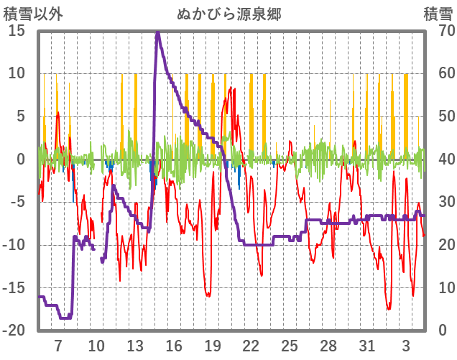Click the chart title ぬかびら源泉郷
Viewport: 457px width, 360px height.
tap(228, 14)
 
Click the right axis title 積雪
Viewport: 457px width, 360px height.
tap(437, 14)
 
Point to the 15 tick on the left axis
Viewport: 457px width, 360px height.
tap(17, 31)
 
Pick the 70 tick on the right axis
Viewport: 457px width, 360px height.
tap(438, 31)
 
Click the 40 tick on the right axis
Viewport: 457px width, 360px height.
tap(438, 159)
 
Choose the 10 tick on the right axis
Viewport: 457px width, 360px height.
tap(438, 287)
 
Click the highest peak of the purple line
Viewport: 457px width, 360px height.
tap(157, 32)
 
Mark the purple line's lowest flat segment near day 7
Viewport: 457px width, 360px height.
tap(65, 317)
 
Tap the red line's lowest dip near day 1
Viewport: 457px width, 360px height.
tap(389, 309)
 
